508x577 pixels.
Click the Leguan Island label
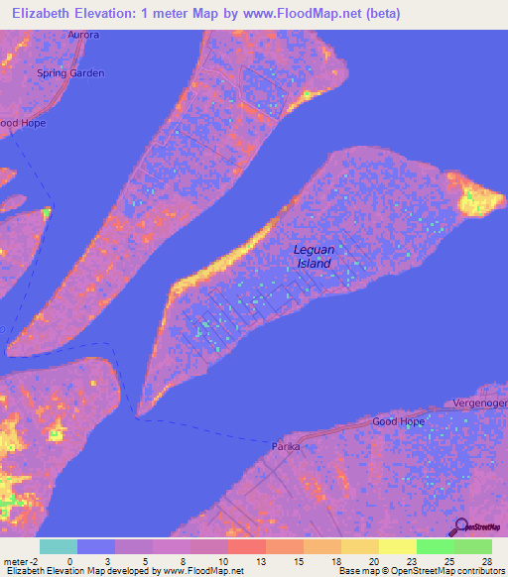click(314, 257)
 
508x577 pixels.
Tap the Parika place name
click(286, 447)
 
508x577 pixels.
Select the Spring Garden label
click(69, 73)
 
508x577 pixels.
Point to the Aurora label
click(84, 35)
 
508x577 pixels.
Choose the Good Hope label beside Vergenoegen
click(398, 421)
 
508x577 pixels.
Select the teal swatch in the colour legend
click(59, 546)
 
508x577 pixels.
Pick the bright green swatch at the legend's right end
click(473, 546)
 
